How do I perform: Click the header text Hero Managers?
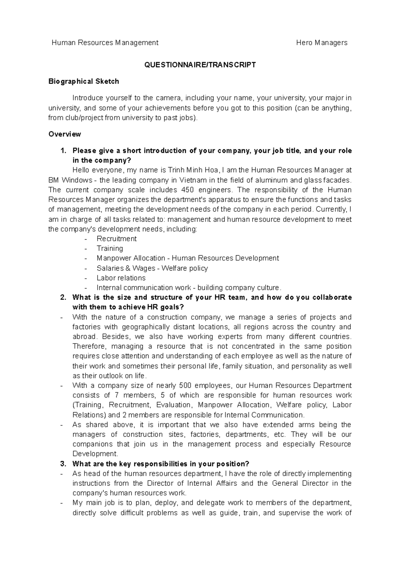[x=322, y=42]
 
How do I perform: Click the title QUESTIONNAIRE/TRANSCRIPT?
[x=200, y=65]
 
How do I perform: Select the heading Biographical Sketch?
[x=84, y=81]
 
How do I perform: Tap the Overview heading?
[x=64, y=134]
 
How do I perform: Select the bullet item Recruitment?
[x=116, y=239]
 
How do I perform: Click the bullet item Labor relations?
[x=121, y=278]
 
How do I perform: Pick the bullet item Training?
[x=110, y=248]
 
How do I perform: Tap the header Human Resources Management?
[x=105, y=42]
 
